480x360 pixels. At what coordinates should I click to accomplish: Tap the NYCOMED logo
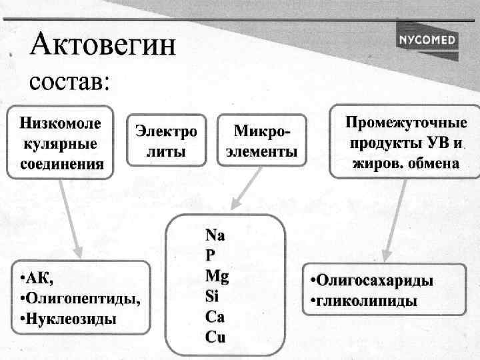point(427,40)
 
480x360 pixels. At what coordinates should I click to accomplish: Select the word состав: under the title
point(69,83)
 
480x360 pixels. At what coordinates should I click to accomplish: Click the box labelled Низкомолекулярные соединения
point(61,143)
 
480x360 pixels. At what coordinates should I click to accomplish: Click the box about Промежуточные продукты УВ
point(404,143)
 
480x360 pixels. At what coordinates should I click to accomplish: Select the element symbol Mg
point(217,275)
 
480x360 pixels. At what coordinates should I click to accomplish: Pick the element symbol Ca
point(215,316)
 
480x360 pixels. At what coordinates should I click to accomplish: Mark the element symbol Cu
point(215,337)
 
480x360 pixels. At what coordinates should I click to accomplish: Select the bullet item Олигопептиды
point(80,297)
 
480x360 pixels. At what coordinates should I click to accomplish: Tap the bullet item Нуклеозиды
point(68,319)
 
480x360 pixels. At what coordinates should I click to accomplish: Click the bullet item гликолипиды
point(364,301)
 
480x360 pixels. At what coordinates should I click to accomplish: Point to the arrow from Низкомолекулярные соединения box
point(69,217)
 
